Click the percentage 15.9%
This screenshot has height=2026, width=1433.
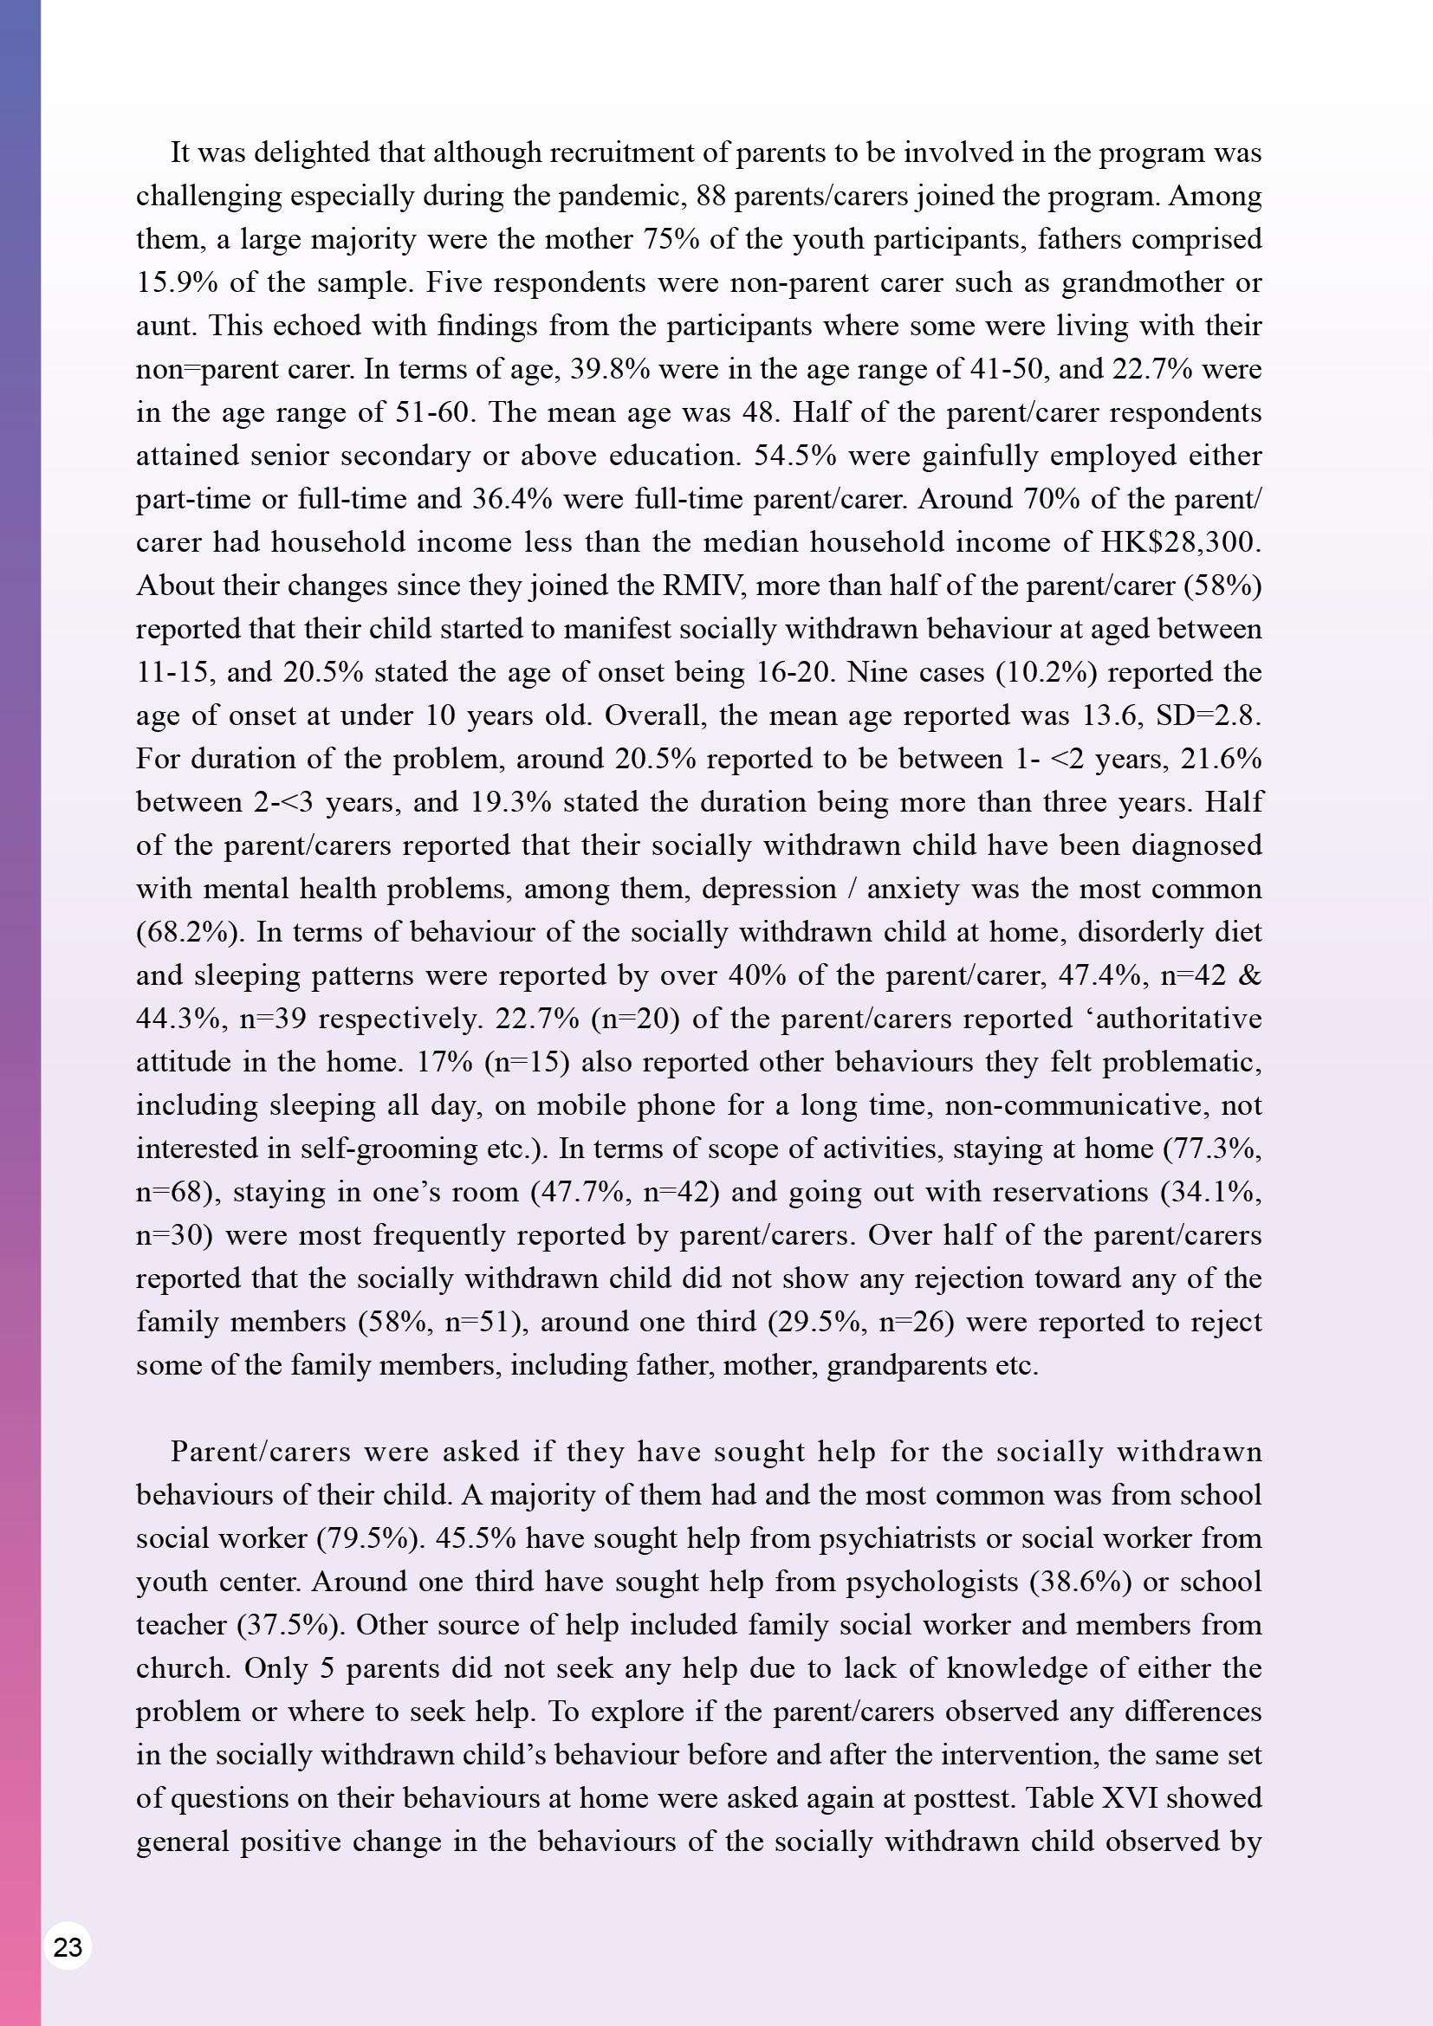coord(178,282)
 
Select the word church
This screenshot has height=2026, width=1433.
coord(180,1667)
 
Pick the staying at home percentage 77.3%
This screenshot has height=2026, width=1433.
coord(1212,1148)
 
